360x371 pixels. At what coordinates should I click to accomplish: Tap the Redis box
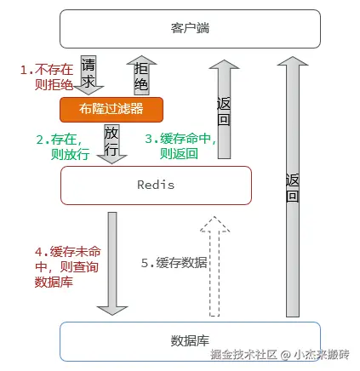pyautogui.click(x=155, y=185)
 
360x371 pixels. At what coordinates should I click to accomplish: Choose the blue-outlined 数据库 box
pyautogui.click(x=189, y=341)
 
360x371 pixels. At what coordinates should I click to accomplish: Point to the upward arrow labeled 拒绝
pyautogui.click(x=140, y=75)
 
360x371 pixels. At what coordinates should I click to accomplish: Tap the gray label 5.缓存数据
pyautogui.click(x=174, y=262)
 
